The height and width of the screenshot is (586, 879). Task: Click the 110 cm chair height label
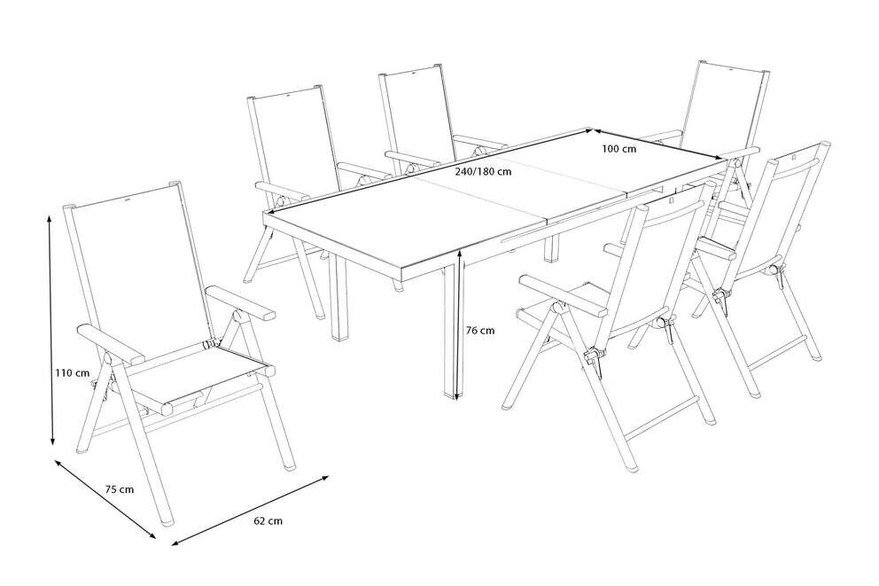(73, 373)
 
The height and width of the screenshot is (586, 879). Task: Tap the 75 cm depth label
(120, 489)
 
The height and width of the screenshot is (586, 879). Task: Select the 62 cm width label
(268, 521)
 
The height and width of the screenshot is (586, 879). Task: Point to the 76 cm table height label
(480, 331)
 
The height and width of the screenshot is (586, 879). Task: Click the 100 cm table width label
(618, 149)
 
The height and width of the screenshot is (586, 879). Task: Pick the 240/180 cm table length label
(483, 172)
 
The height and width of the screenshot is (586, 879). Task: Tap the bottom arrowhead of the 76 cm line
(459, 395)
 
